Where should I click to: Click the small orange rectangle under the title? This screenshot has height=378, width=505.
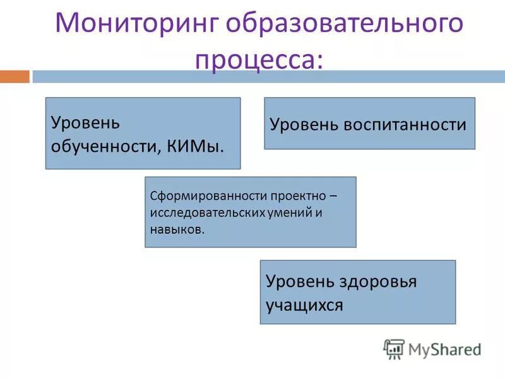[15, 77]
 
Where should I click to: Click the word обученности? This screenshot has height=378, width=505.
[104, 146]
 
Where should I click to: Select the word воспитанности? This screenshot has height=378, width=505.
[405, 124]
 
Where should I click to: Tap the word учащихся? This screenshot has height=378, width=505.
[304, 306]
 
